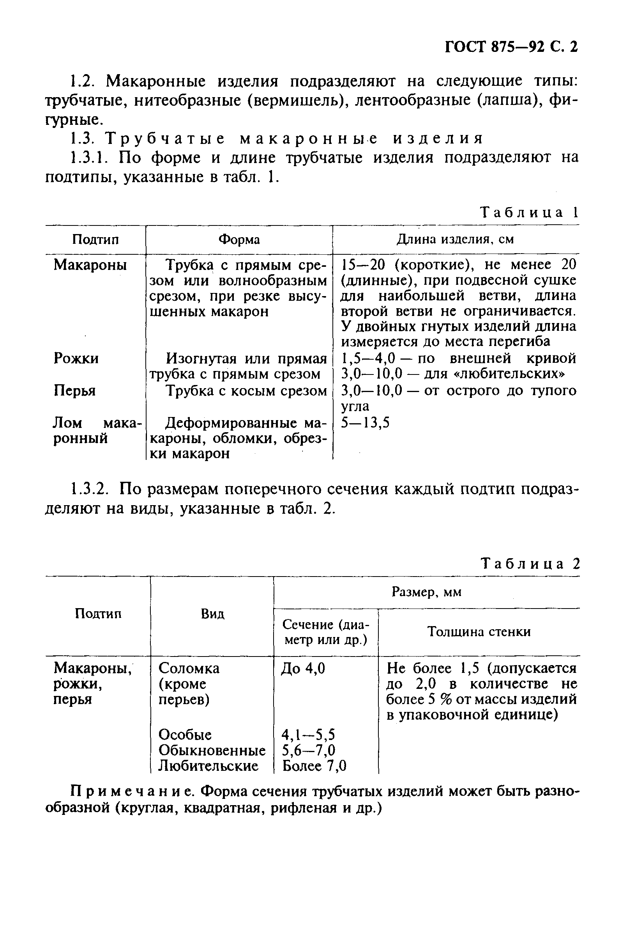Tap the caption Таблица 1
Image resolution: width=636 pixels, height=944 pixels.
529,212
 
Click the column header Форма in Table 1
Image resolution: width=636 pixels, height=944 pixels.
239,240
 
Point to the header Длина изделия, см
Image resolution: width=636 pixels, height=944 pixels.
455,239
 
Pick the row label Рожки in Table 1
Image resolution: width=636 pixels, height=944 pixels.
76,358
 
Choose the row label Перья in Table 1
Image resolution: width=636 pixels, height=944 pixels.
75,390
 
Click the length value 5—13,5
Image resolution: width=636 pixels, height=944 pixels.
365,423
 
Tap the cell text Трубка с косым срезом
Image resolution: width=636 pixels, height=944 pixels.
246,390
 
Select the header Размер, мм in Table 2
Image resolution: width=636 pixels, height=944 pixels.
426,592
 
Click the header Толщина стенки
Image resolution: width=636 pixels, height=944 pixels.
479,632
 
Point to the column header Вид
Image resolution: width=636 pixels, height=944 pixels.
212,614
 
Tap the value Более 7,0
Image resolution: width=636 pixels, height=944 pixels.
314,766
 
